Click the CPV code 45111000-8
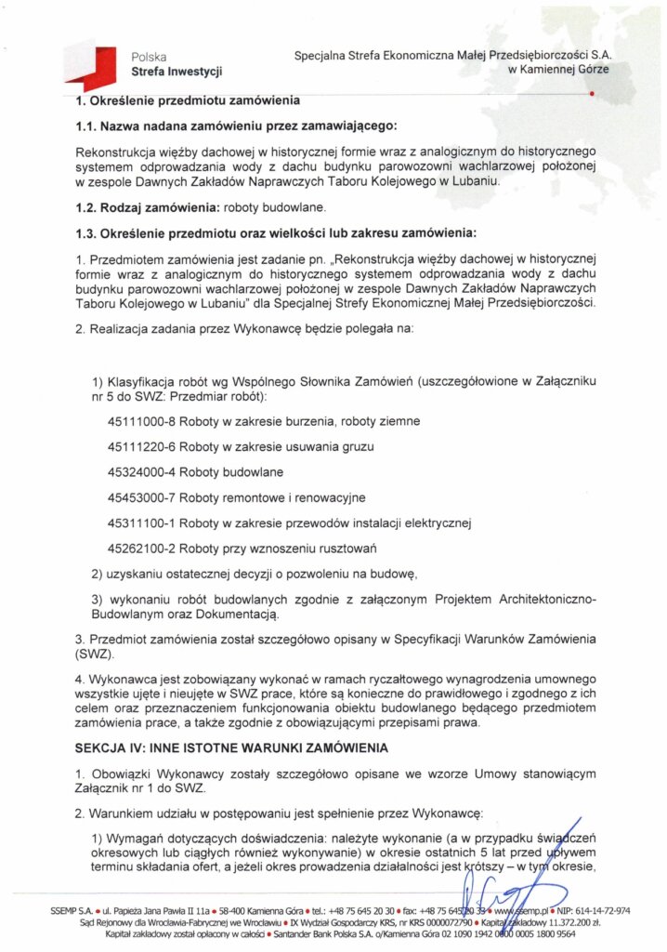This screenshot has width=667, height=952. pos(142,421)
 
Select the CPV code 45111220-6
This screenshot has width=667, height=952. pos(142,446)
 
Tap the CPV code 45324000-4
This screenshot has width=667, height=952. pos(142,471)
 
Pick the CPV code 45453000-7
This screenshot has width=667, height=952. pos(142,497)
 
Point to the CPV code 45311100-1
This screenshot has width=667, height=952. pos(142,522)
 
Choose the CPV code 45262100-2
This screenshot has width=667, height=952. pos(142,548)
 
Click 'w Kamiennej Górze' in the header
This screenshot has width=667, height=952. pos(560,71)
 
